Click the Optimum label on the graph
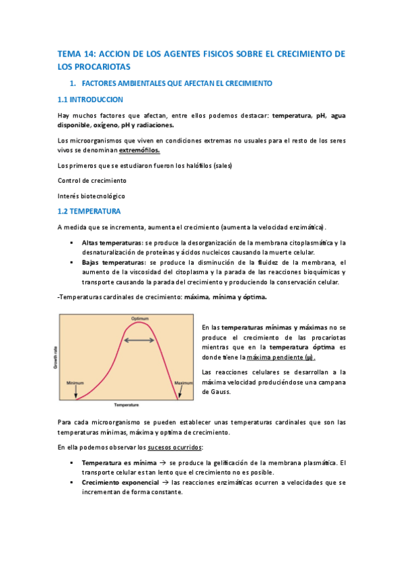[x=139, y=318]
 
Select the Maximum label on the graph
[x=183, y=383]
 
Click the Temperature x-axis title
[x=126, y=405]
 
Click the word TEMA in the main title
[x=68, y=53]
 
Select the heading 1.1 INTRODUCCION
[x=90, y=99]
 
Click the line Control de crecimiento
[x=91, y=181]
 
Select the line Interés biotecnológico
[x=91, y=196]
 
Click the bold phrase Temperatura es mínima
[x=118, y=463]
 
